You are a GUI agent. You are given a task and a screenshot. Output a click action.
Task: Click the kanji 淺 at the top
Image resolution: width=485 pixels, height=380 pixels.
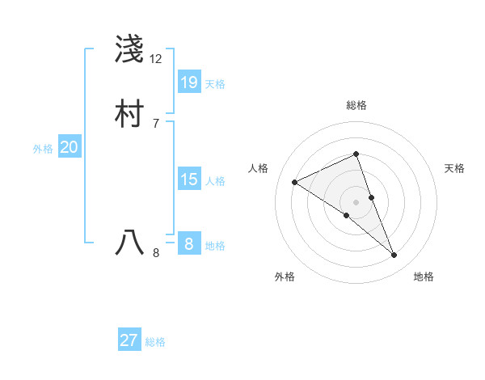[x=129, y=50]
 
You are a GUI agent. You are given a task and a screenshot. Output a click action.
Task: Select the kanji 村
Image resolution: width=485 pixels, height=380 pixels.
[x=129, y=114]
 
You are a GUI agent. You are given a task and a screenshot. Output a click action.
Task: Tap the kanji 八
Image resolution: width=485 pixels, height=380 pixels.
[x=129, y=243]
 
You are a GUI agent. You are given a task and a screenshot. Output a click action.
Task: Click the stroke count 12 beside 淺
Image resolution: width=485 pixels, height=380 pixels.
[x=156, y=59]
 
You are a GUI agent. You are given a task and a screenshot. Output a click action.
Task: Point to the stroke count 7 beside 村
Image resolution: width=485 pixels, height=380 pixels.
[x=156, y=123]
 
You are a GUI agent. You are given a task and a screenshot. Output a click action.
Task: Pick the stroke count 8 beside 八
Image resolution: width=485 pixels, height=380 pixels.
[x=156, y=253]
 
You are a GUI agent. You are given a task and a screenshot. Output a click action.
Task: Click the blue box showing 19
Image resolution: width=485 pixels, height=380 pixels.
[x=189, y=82]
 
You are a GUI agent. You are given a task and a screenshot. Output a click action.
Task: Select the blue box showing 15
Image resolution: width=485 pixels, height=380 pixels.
[x=189, y=179]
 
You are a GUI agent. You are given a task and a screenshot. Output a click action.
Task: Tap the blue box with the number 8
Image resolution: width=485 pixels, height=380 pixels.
[x=189, y=244]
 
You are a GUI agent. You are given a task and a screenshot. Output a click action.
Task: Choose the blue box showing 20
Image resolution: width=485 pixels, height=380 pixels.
[x=70, y=147]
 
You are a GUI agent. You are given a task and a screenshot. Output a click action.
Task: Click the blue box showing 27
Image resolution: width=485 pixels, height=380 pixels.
[x=129, y=340]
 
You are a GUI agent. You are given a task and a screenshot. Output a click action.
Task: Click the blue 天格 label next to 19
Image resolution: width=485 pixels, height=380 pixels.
[x=215, y=84]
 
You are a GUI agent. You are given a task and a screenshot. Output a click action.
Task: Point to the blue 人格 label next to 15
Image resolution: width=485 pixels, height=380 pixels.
[x=215, y=181]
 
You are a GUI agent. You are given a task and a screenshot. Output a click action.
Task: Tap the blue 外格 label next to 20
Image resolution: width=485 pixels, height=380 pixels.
[x=43, y=149]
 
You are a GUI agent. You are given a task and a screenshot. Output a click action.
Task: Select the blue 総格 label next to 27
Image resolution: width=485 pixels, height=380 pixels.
[x=155, y=342]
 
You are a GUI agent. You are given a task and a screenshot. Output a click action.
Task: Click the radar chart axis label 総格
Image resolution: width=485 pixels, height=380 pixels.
[x=356, y=105]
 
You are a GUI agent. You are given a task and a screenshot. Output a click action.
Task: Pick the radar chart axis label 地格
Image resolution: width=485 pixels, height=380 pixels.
[x=424, y=277]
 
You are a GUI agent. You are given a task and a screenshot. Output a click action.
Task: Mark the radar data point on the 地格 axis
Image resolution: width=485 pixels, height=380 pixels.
[x=394, y=255]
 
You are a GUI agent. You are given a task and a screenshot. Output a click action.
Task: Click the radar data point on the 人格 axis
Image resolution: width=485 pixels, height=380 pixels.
[x=294, y=182]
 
